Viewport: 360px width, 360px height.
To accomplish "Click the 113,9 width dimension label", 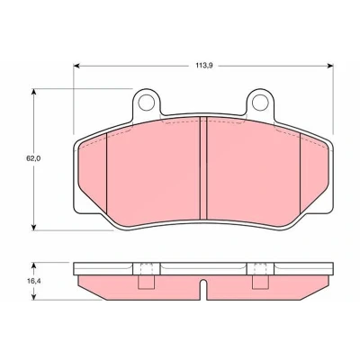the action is [204, 66].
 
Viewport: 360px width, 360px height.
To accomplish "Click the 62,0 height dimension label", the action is [33, 159].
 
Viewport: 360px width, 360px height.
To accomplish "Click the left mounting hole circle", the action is [146, 103].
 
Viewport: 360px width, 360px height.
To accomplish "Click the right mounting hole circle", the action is [260, 103].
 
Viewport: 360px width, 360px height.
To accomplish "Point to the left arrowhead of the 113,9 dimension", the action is [76, 66].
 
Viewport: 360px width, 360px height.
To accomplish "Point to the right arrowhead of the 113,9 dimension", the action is [330, 66].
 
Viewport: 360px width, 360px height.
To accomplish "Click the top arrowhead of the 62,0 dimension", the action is [34, 92].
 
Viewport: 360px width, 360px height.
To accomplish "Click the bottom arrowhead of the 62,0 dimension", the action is [34, 227].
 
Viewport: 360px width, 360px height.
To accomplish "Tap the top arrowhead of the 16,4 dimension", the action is [34, 265].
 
